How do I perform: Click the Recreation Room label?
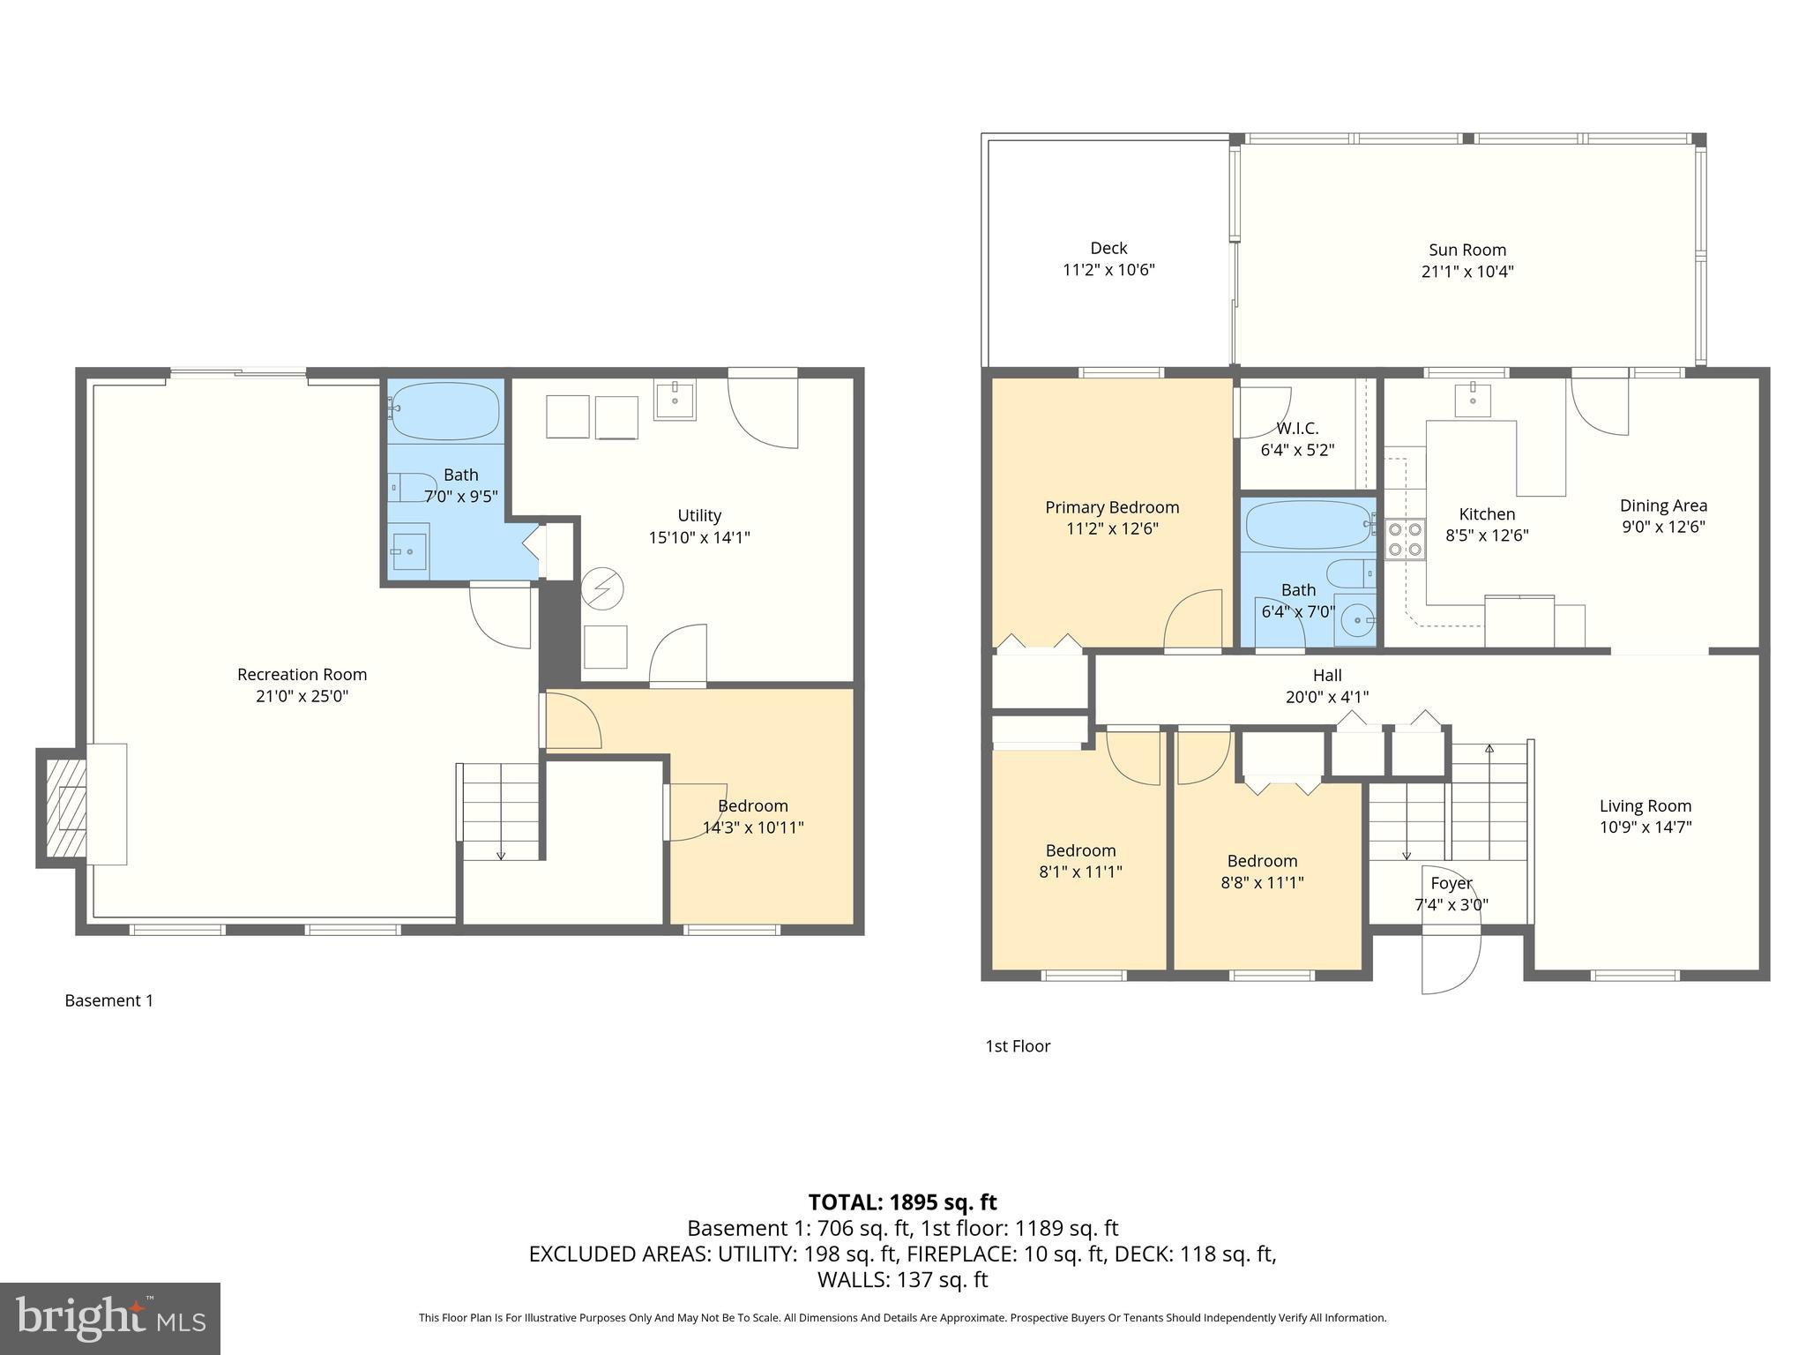[302, 675]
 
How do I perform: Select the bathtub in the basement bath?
[444, 412]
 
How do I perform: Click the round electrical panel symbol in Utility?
[602, 588]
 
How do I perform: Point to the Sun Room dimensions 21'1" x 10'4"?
[1467, 272]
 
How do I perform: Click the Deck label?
[1108, 249]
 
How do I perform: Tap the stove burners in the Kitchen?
[1405, 539]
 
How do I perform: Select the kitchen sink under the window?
[1472, 399]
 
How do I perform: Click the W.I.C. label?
[1297, 429]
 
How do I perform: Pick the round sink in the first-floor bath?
[1354, 621]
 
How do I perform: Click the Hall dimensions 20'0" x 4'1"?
[1326, 697]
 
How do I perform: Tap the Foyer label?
[1451, 883]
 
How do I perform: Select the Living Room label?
[1646, 805]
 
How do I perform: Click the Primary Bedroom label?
[1111, 507]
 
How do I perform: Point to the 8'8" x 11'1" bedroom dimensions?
[1262, 882]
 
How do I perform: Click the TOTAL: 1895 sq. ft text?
[902, 1202]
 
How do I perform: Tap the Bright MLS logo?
[110, 1318]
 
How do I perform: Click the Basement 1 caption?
[109, 1000]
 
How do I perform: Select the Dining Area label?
[1663, 505]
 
